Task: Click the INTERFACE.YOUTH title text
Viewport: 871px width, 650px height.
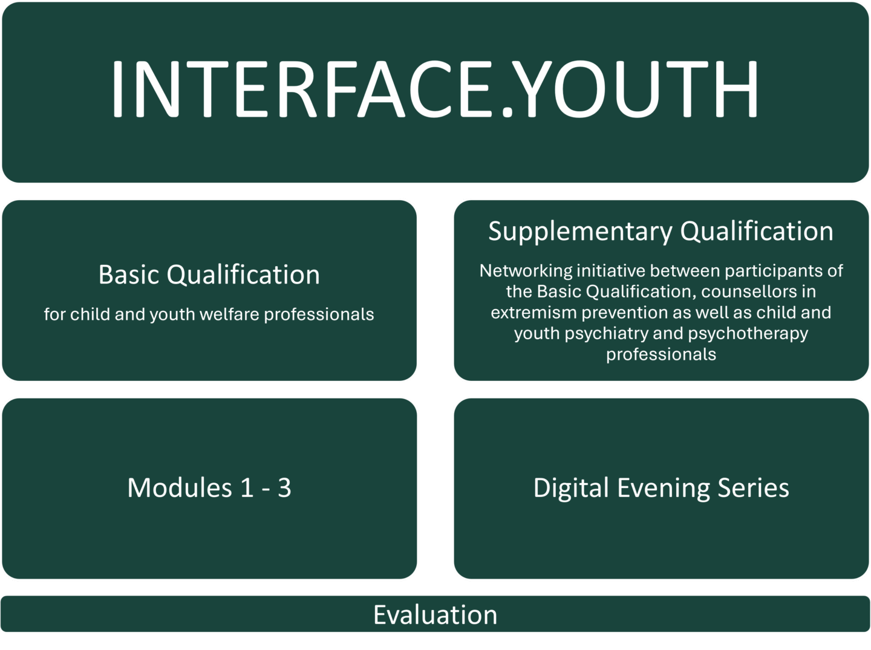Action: [x=434, y=89]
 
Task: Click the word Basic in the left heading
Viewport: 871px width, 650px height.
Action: [x=128, y=275]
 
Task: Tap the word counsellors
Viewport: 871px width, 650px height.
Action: [x=749, y=291]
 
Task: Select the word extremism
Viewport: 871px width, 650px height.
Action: [x=533, y=313]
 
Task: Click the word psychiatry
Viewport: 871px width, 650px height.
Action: [x=607, y=334]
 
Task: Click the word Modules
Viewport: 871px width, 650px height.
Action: [x=180, y=488]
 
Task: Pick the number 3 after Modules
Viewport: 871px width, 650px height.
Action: [x=284, y=488]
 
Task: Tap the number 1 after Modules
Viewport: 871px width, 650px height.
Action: [x=247, y=488]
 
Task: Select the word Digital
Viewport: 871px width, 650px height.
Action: [x=570, y=488]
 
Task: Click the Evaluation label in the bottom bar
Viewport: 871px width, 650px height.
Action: [x=435, y=615]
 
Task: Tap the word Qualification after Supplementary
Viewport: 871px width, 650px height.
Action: [x=756, y=232]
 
